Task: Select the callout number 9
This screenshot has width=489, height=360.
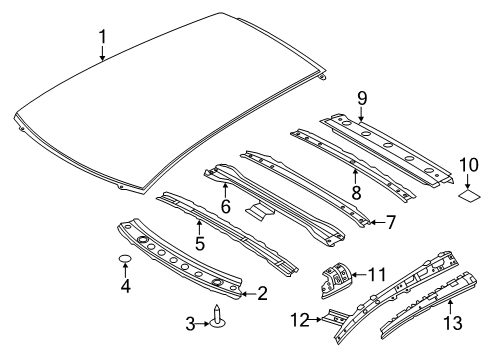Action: click(x=362, y=97)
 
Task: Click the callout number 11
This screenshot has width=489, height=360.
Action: click(x=375, y=272)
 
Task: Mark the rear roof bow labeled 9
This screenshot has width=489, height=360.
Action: click(x=390, y=146)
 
